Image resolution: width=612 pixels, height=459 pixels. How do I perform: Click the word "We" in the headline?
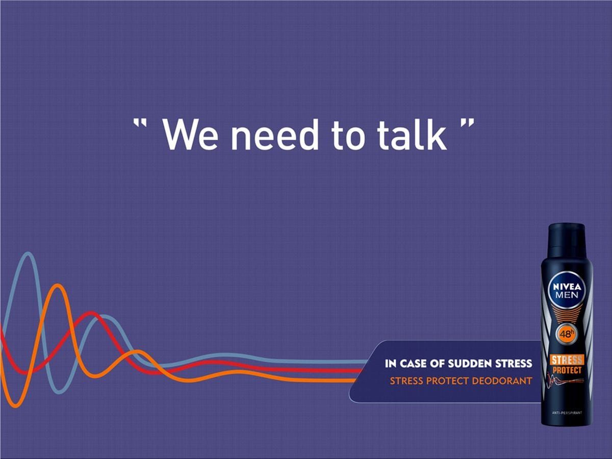click(x=190, y=135)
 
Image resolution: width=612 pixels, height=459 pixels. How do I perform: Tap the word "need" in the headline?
click(x=274, y=134)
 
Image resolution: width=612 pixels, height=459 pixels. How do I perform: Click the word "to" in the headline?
click(x=348, y=136)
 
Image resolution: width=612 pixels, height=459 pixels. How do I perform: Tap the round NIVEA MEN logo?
click(x=567, y=290)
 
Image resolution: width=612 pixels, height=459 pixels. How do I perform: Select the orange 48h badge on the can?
click(x=566, y=334)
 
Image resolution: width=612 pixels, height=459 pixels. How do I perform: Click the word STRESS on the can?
click(x=567, y=360)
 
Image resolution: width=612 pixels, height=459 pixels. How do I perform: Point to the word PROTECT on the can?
click(x=567, y=370)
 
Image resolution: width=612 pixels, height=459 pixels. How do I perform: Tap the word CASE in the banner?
click(x=414, y=364)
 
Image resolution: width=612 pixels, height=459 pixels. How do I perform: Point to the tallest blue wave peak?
click(x=28, y=253)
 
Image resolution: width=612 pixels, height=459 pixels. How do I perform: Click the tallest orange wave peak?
click(x=58, y=286)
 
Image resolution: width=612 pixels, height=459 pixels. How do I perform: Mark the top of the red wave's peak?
click(x=91, y=313)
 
